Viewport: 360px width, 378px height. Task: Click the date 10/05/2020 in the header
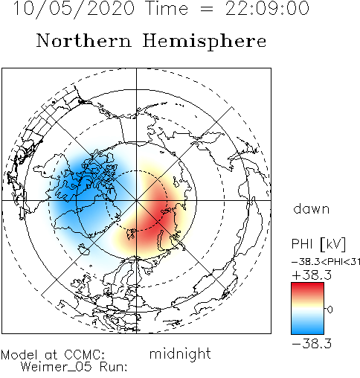pyautogui.click(x=74, y=8)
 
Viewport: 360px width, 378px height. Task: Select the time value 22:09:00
pyautogui.click(x=267, y=8)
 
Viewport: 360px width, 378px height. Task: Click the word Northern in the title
pyautogui.click(x=84, y=41)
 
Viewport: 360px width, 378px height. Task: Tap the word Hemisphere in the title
pyautogui.click(x=205, y=42)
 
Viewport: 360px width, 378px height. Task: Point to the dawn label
pyautogui.click(x=312, y=209)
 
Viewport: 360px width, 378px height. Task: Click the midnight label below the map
pyautogui.click(x=180, y=354)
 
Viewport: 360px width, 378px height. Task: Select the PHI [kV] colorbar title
pyautogui.click(x=318, y=244)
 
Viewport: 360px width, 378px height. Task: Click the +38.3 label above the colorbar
pyautogui.click(x=312, y=275)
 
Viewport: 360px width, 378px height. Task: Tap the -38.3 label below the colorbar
pyautogui.click(x=312, y=344)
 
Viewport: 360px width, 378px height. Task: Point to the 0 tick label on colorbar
pyautogui.click(x=330, y=310)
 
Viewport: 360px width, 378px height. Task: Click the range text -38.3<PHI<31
pyautogui.click(x=326, y=262)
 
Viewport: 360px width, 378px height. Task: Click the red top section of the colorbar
pyautogui.click(x=307, y=290)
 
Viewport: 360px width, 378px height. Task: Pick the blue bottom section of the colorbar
pyautogui.click(x=307, y=327)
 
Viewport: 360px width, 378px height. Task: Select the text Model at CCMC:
pyautogui.click(x=53, y=355)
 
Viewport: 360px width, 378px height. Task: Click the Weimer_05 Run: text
pyautogui.click(x=74, y=367)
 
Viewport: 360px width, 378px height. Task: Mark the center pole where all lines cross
pyautogui.click(x=136, y=200)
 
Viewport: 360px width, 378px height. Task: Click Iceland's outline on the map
pyautogui.click(x=83, y=249)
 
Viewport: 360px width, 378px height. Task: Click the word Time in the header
pyautogui.click(x=167, y=8)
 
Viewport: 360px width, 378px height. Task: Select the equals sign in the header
pyautogui.click(x=207, y=9)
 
